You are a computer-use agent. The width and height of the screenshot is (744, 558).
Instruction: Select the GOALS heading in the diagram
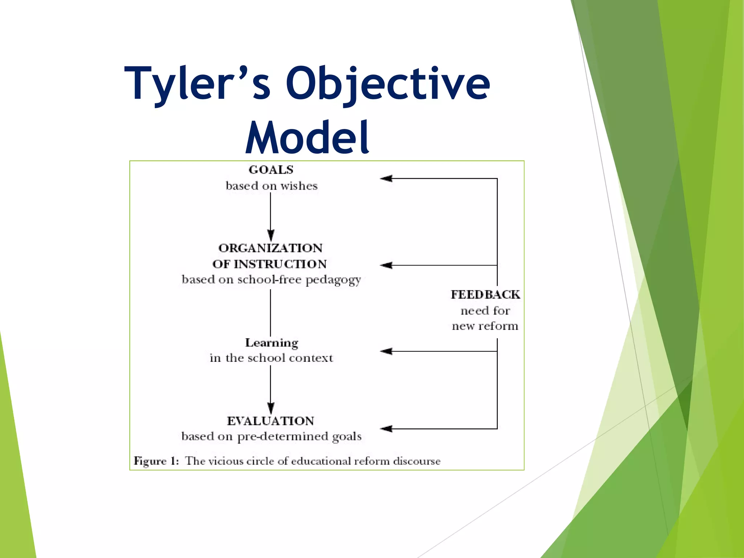(271, 170)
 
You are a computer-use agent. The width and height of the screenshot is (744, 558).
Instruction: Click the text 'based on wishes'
(271, 186)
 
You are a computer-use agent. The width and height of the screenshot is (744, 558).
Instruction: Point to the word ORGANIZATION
(271, 248)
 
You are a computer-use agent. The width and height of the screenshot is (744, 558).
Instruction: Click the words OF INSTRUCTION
(270, 264)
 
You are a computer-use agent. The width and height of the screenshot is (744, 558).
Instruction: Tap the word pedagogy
(333, 280)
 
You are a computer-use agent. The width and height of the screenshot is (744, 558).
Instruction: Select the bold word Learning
(272, 343)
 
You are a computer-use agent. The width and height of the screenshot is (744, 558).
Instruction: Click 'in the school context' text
(271, 358)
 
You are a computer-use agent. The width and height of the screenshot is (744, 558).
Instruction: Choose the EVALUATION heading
(271, 421)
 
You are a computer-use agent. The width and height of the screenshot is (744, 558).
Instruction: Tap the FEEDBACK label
(485, 295)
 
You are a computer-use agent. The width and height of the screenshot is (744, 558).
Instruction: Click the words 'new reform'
(485, 326)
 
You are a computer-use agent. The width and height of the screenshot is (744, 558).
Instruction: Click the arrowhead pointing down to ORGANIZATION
(271, 235)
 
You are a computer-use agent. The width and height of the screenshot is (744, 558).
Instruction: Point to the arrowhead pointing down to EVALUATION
(271, 408)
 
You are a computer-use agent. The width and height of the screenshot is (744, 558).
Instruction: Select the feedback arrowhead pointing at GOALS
(386, 178)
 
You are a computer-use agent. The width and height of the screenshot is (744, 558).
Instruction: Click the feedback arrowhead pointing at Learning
(386, 351)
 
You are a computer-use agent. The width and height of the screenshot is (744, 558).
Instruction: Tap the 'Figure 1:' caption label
(156, 461)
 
